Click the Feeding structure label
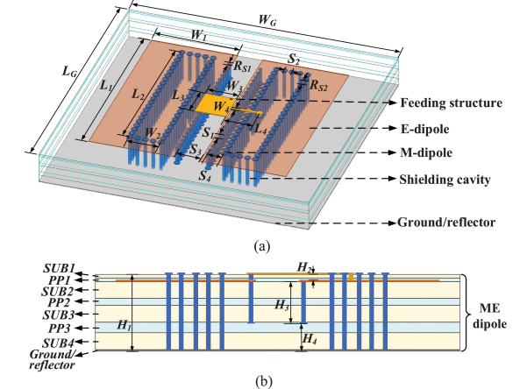tap(451, 103)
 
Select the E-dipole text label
tap(424, 129)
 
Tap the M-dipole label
tap(426, 152)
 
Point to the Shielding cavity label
tap(445, 180)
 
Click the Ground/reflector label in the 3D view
tap(446, 223)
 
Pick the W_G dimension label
tap(267, 20)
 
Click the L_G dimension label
tap(69, 71)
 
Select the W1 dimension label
tap(199, 34)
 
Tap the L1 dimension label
tap(106, 85)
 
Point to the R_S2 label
tap(318, 85)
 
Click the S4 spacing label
tap(204, 174)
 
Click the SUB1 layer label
tap(59, 268)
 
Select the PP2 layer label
tap(59, 302)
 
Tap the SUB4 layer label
tap(58, 343)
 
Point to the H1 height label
tap(124, 325)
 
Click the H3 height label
tap(281, 305)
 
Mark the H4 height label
tap(310, 338)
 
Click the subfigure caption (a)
tap(262, 246)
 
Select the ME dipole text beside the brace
tap(489, 316)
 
